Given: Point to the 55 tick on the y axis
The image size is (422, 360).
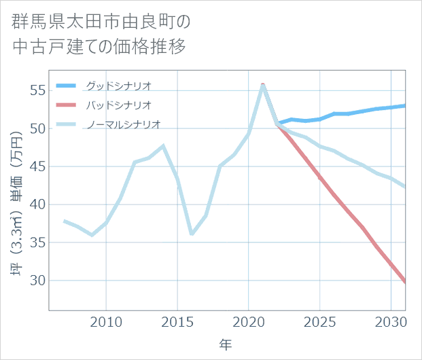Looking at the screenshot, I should click(x=37, y=90).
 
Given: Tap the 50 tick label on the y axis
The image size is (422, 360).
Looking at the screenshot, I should click(x=37, y=128).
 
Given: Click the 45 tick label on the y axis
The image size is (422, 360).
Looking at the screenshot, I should click(x=37, y=166).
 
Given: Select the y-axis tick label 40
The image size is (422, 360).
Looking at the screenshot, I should click(x=37, y=204).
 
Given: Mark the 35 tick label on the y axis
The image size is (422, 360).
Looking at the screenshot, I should click(x=37, y=242).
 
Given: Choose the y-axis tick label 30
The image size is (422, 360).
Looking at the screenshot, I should click(x=37, y=281).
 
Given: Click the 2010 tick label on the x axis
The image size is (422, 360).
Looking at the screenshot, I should click(x=106, y=321).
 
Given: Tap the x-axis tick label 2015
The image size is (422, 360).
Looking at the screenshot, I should click(x=177, y=321).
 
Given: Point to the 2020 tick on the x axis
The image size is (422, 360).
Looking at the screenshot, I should click(x=249, y=321).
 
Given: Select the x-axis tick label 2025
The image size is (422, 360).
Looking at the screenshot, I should click(x=320, y=321).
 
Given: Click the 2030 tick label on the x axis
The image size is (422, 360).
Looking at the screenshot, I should click(x=391, y=321).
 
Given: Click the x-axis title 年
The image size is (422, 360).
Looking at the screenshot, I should click(x=226, y=345).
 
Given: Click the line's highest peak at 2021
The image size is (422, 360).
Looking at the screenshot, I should click(x=263, y=85).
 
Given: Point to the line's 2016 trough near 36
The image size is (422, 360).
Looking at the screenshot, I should click(x=192, y=234).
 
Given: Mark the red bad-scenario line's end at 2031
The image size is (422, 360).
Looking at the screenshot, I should click(x=405, y=282).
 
